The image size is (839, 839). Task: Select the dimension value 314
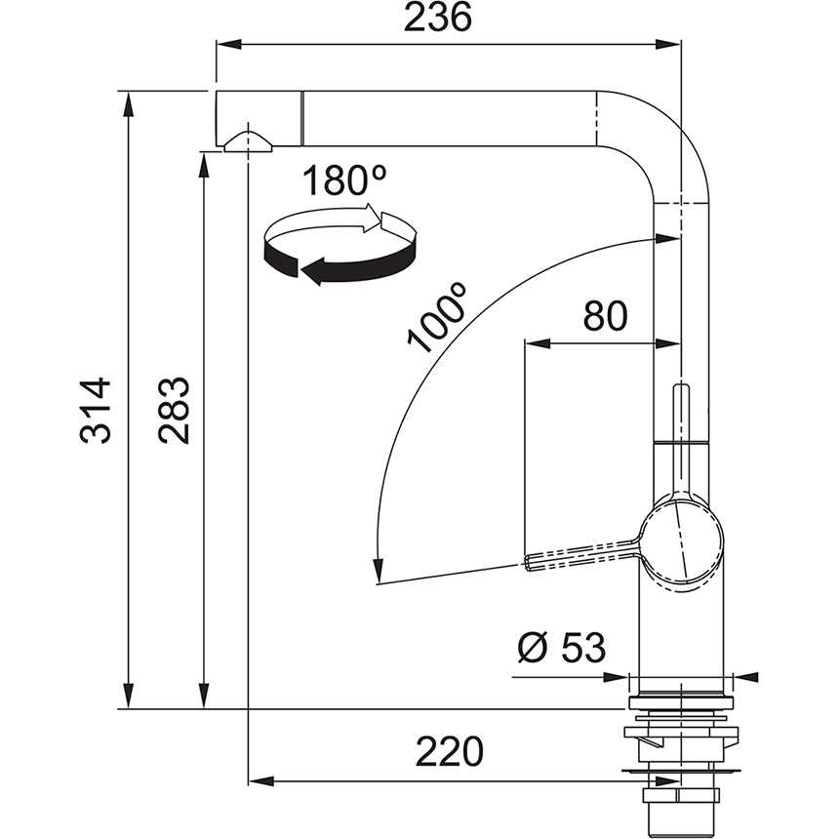[97, 411]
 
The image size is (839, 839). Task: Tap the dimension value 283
[176, 411]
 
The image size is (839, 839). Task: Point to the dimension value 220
[450, 752]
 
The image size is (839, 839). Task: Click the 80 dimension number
[605, 317]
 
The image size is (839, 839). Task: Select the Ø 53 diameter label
[561, 647]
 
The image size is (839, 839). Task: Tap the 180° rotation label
[343, 180]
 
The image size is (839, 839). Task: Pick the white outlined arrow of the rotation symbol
[371, 220]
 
